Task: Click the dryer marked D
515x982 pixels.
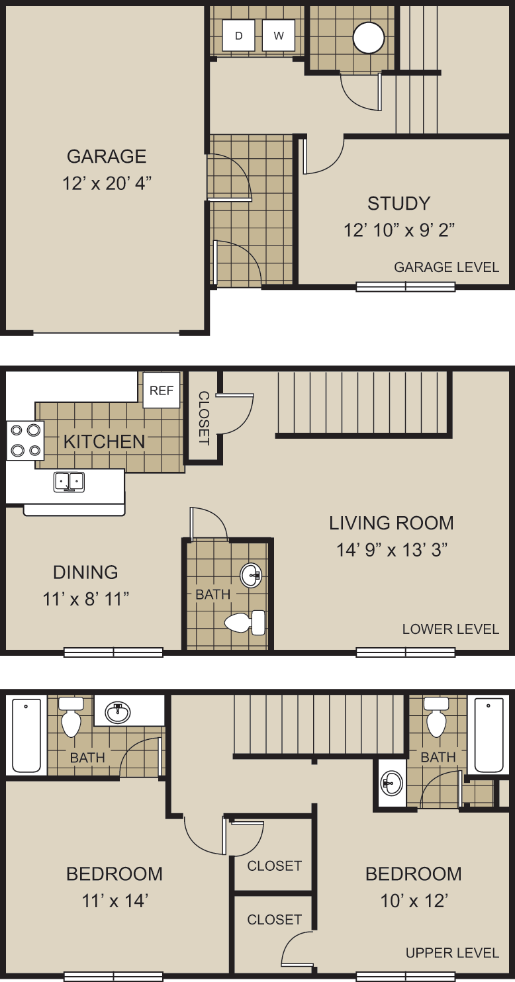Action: tap(238, 36)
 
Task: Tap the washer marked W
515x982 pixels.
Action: tap(279, 36)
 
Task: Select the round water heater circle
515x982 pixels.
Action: tap(369, 38)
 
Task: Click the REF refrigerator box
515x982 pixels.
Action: tap(162, 390)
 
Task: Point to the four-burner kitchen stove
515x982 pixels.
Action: tap(25, 441)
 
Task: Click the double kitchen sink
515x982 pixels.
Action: tap(69, 481)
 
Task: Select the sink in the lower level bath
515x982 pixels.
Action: tap(251, 575)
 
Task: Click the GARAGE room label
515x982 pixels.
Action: tap(107, 156)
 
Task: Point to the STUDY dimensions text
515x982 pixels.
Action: tap(398, 230)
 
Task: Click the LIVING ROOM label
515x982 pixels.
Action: tap(391, 523)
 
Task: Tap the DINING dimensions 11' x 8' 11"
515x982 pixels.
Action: tap(85, 600)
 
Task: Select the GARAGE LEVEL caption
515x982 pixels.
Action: tap(446, 267)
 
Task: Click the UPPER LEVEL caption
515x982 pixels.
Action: tap(452, 953)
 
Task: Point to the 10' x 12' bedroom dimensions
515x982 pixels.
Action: tap(414, 901)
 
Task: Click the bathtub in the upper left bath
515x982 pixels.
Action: tap(26, 735)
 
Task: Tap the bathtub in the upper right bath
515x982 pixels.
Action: tap(489, 735)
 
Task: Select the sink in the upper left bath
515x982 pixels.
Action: tap(118, 712)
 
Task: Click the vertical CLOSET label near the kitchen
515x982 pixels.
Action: tap(204, 418)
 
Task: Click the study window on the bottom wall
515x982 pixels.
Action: tap(406, 287)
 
